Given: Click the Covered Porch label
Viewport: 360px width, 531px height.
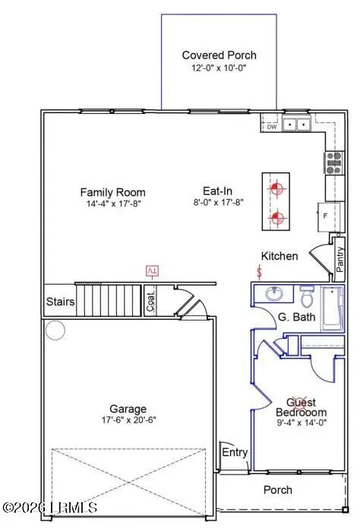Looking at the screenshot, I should [x=219, y=55].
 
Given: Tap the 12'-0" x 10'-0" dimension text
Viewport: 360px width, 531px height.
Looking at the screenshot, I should [x=219, y=68].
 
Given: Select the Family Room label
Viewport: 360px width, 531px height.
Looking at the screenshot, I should [x=112, y=192].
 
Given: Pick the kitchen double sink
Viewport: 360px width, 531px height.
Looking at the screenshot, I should [x=297, y=125].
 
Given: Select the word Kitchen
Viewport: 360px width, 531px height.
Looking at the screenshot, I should [x=279, y=256].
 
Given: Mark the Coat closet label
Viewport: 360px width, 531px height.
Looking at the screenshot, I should [x=150, y=302].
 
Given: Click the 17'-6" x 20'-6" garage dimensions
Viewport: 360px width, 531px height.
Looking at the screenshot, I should [x=116, y=420].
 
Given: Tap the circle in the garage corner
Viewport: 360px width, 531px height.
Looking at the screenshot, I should [x=55, y=330].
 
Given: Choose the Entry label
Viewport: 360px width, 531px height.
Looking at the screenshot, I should [x=235, y=453].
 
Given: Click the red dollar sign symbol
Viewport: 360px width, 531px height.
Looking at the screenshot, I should [x=260, y=270].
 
